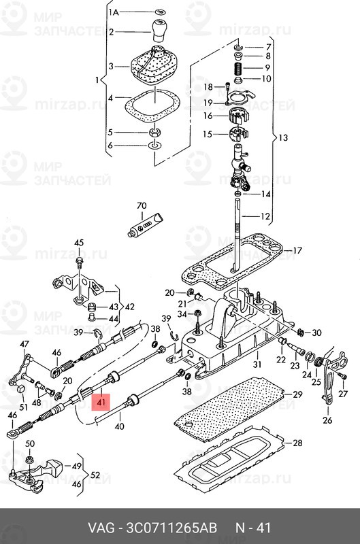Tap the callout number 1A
pos(114,13)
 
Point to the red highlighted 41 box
pos(101,403)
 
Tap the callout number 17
pos(297,250)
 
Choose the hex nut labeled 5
pos(154,132)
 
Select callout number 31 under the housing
pos(257,364)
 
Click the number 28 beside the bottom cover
pos(297,443)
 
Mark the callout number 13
pos(283,138)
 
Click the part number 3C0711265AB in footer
pos(172,528)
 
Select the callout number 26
pos(327,420)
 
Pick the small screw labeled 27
pos(342,375)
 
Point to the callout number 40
pos(119,426)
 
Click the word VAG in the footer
pos(101,528)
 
